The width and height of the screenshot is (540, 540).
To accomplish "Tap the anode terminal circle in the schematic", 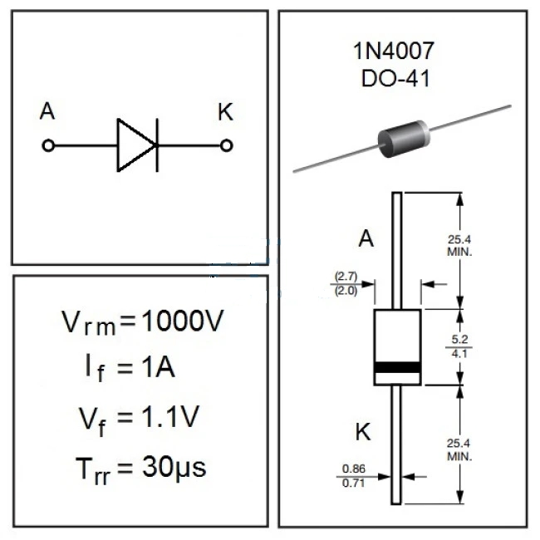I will (x=48, y=145).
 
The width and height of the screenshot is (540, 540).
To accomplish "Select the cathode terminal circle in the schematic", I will (x=226, y=145).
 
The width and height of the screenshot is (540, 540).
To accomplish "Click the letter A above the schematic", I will (x=47, y=112).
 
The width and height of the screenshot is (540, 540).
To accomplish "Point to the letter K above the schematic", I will (x=226, y=112).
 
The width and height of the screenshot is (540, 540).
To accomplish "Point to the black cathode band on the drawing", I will (x=397, y=368).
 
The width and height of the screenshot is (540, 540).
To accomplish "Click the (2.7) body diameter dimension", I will (x=345, y=275).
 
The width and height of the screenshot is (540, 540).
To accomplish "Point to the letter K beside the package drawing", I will (x=364, y=432).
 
